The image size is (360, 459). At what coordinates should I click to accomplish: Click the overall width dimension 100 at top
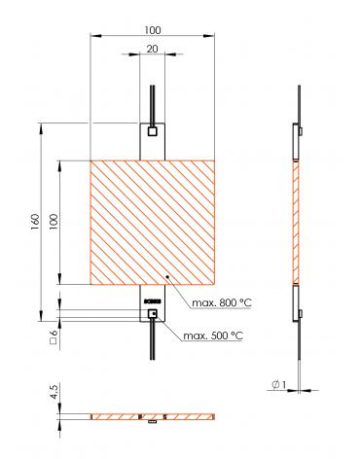click(151, 30)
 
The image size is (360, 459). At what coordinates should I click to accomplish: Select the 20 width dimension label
click(151, 49)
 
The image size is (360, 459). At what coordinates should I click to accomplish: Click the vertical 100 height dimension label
click(53, 223)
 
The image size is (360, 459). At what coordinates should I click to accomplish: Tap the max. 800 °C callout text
click(221, 304)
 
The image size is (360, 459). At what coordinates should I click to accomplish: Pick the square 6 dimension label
click(53, 336)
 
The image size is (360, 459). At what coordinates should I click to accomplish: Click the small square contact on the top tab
click(151, 129)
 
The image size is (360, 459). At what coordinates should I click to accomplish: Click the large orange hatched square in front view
click(151, 222)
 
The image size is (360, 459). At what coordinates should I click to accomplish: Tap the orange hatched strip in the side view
click(297, 222)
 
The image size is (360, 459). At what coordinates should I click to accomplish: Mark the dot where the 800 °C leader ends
click(167, 277)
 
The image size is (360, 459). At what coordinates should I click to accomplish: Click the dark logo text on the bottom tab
click(151, 300)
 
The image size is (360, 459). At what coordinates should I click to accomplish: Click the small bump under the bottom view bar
click(151, 423)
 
